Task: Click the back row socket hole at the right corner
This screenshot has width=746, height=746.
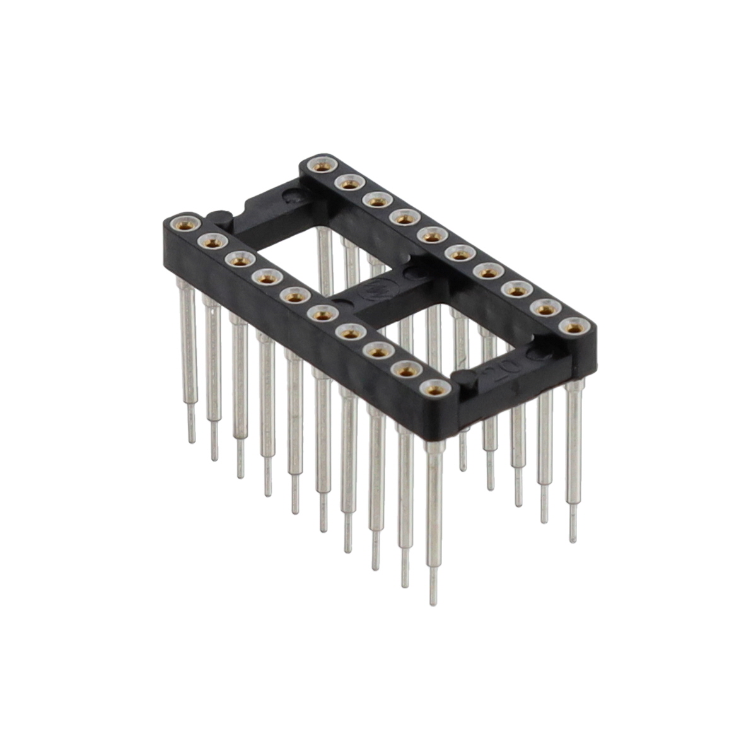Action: (572, 326)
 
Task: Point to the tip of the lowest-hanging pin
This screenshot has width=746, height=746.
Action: (433, 602)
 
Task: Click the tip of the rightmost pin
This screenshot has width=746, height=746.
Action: (573, 540)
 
